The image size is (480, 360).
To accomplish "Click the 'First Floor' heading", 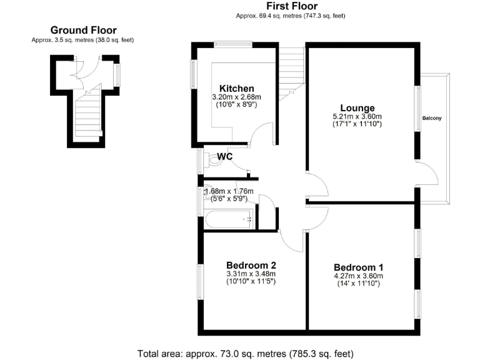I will pyautogui.click(x=290, y=6).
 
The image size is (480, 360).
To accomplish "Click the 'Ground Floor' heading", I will pyautogui.click(x=83, y=30).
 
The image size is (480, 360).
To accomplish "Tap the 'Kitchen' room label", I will pyautogui.click(x=237, y=88).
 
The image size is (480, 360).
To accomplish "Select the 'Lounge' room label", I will pyautogui.click(x=357, y=107).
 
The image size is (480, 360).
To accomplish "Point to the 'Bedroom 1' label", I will pyautogui.click(x=358, y=267).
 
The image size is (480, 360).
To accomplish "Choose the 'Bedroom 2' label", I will pyautogui.click(x=251, y=264).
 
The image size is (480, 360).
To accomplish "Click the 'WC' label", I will pyautogui.click(x=225, y=156).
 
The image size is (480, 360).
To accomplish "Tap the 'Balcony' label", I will pyautogui.click(x=432, y=118).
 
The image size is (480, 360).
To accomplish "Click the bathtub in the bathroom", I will pyautogui.click(x=228, y=219).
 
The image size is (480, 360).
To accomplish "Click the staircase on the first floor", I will pyautogui.click(x=291, y=72).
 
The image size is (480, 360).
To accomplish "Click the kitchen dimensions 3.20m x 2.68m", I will pyautogui.click(x=237, y=97).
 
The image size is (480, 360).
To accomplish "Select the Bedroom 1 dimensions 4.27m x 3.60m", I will pyautogui.click(x=358, y=276).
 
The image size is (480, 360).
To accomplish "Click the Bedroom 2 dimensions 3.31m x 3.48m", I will pyautogui.click(x=251, y=273).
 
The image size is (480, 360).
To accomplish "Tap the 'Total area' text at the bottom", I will pyautogui.click(x=246, y=353).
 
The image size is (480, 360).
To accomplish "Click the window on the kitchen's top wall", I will pyautogui.click(x=233, y=44).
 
